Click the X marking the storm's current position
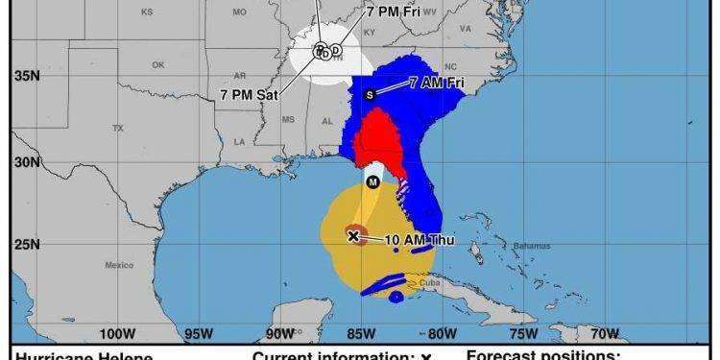click(x=353, y=234)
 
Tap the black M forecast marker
click(x=372, y=180)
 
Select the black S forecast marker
click(x=370, y=94)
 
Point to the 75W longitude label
click(x=523, y=334)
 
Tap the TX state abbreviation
click(x=118, y=127)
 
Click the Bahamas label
click(x=525, y=247)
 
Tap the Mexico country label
click(x=119, y=264)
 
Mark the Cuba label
click(x=427, y=282)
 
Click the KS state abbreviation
click(x=147, y=12)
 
